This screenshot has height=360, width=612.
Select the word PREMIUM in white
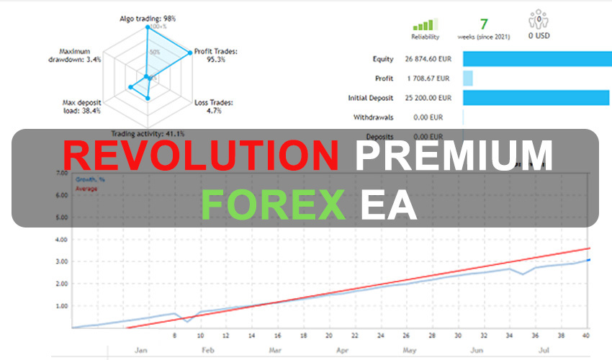[x=454, y=156]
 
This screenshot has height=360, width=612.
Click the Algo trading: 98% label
[x=147, y=18]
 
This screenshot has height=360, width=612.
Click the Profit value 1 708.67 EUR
[x=428, y=78]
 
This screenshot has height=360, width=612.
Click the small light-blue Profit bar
[x=467, y=78]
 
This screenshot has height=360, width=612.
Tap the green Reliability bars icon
[x=425, y=24]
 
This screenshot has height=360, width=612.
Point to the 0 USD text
[x=539, y=35]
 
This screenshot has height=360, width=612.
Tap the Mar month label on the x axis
[x=275, y=351]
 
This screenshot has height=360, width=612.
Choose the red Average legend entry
[x=86, y=189]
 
